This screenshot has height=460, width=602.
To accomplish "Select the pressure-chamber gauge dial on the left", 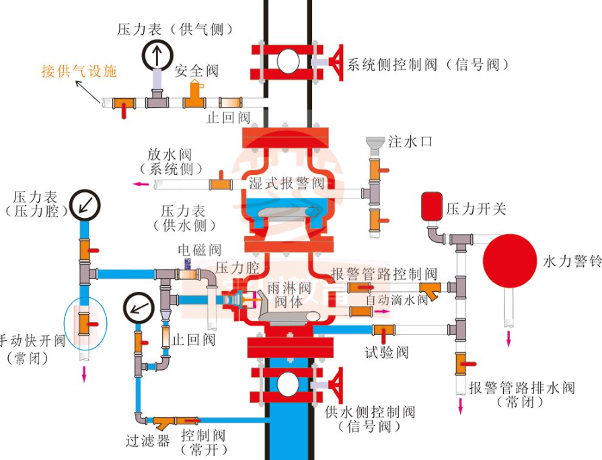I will click(85, 203).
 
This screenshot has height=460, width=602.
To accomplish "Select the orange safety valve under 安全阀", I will click(196, 96).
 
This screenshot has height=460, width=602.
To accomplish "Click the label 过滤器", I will click(147, 440).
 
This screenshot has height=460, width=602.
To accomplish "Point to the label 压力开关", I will click(476, 208).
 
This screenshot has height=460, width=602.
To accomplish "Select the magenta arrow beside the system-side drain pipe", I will click(140, 184).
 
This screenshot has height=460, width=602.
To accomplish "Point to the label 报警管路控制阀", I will click(384, 274).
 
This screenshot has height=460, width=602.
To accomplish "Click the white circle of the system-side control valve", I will click(289, 61).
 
